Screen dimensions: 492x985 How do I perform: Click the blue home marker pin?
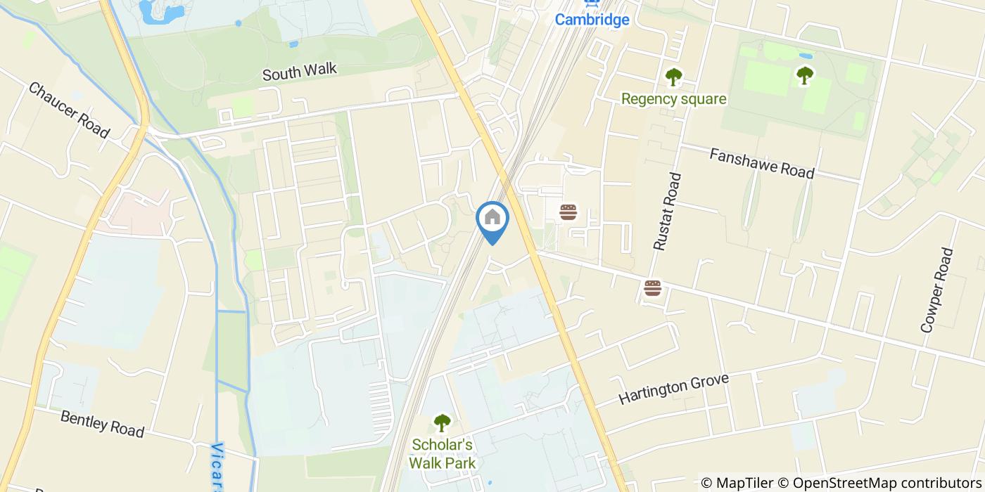pyautogui.click(x=493, y=218)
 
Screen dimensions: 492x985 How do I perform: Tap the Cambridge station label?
pyautogui.click(x=592, y=19)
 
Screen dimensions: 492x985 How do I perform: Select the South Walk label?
pyautogui.click(x=300, y=71)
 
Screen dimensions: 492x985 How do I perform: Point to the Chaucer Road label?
pyautogui.click(x=69, y=110)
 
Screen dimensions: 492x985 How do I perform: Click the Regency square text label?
pyautogui.click(x=673, y=99)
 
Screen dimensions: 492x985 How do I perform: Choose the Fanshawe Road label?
pyautogui.click(x=762, y=163)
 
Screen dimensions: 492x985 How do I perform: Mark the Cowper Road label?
pyautogui.click(x=937, y=290)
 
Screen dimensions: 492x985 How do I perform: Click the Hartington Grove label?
pyautogui.click(x=673, y=389)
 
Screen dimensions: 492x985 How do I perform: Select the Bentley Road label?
pyautogui.click(x=102, y=424)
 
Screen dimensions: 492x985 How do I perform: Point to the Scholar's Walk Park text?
pyautogui.click(x=443, y=453)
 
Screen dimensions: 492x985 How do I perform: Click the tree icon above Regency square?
pyautogui.click(x=673, y=75)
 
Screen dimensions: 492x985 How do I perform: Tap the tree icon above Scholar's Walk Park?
pyautogui.click(x=442, y=422)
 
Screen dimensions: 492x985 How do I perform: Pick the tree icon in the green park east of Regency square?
pyautogui.click(x=804, y=75)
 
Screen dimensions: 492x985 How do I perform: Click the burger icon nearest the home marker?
pyautogui.click(x=568, y=212)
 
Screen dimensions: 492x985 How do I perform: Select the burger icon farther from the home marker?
pyautogui.click(x=653, y=287)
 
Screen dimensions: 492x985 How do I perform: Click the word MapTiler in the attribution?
pyautogui.click(x=744, y=483)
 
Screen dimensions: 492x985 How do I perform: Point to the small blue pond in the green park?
pyautogui.click(x=806, y=56)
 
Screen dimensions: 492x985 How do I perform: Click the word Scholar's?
pyautogui.click(x=443, y=445)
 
